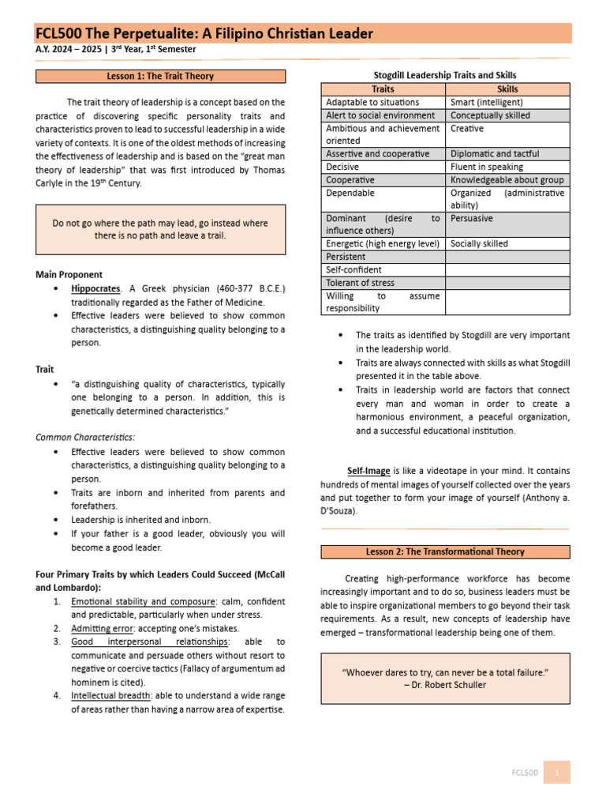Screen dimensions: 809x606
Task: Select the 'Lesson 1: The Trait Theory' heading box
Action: pyautogui.click(x=160, y=77)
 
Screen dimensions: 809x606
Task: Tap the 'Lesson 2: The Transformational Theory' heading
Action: pyautogui.click(x=445, y=551)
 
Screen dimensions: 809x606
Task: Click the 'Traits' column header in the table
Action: pyautogui.click(x=383, y=89)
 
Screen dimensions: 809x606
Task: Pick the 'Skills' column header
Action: pyautogui.click(x=507, y=89)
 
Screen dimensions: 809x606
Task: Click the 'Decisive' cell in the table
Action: pyautogui.click(x=342, y=167)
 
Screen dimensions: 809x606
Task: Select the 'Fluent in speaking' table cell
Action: pyautogui.click(x=486, y=167)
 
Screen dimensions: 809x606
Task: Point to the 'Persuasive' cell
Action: pyautogui.click(x=472, y=218)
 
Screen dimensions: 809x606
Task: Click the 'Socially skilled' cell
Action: pyautogui.click(x=479, y=244)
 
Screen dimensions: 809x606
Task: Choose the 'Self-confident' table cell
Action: pyautogui.click(x=354, y=269)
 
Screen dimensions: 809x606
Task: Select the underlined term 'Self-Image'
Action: pyautogui.click(x=369, y=471)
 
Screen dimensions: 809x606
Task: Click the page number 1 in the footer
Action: pyautogui.click(x=556, y=772)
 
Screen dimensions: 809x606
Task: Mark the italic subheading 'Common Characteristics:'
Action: pyautogui.click(x=85, y=437)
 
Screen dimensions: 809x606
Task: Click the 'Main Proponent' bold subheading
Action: pyautogui.click(x=69, y=275)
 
